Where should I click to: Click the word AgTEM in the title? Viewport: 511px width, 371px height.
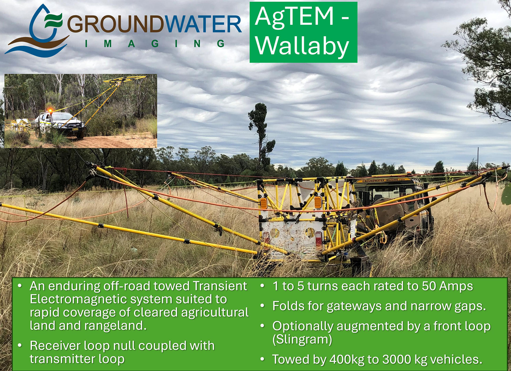coord(294,16)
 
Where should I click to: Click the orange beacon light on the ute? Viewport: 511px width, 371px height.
coord(50,110)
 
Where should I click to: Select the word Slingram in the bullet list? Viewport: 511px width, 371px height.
coord(302,339)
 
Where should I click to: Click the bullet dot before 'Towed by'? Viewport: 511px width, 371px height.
coord(262,359)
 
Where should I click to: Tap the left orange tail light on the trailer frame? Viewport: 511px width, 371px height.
coord(263,203)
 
